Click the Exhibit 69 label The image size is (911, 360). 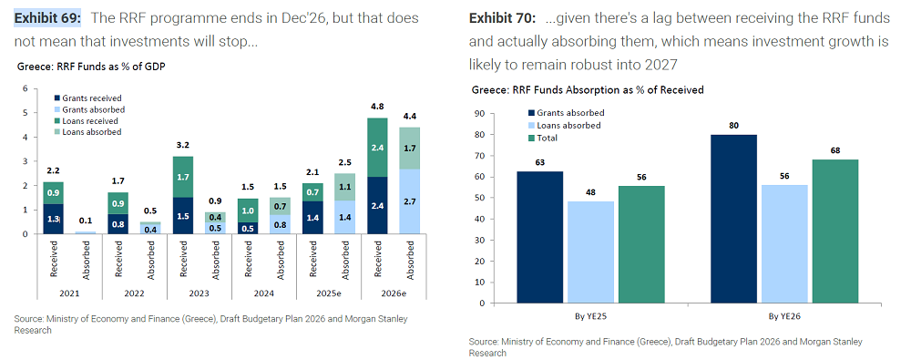click(x=47, y=18)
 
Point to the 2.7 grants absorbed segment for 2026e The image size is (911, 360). click(x=411, y=201)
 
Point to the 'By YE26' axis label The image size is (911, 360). click(x=783, y=318)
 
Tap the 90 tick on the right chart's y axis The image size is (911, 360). click(x=480, y=113)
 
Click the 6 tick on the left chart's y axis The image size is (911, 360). click(x=26, y=88)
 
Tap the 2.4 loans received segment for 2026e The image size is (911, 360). click(x=376, y=146)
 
